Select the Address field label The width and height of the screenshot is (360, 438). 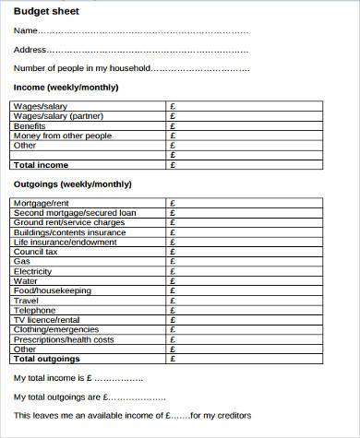pos(29,50)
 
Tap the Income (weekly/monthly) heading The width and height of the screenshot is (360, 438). pos(65,87)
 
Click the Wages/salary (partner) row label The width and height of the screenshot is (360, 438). pos(54,116)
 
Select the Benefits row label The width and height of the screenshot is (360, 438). pos(30,126)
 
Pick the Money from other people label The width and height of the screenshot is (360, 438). pos(62,136)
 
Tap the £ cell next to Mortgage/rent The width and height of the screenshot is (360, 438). pos(174,203)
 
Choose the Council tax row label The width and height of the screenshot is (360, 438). pos(36,252)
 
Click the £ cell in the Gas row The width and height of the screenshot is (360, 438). pos(174,261)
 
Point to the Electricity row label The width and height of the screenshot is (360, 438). pos(33,271)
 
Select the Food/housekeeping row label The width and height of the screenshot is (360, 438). pos(53,290)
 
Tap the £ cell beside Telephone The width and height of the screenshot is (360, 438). pos(174,310)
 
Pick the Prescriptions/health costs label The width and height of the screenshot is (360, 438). pos(64,339)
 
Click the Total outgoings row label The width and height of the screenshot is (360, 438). pos(47,359)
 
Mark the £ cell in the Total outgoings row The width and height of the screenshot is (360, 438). pos(174,359)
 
